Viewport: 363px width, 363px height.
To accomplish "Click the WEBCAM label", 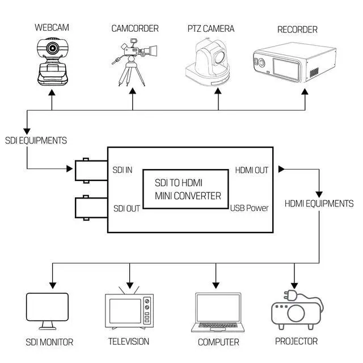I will click(51, 27).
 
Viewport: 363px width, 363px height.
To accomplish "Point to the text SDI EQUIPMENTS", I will click(36, 140).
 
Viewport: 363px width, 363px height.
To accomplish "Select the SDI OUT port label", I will click(126, 208).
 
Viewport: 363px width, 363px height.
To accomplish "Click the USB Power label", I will click(249, 208).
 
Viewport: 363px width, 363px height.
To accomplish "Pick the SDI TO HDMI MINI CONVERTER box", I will click(187, 189).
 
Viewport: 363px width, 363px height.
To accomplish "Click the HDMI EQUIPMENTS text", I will click(319, 203).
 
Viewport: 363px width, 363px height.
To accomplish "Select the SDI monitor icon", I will click(48, 311).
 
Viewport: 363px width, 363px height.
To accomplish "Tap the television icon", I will click(130, 311).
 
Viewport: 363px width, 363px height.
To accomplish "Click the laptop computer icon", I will click(217, 313).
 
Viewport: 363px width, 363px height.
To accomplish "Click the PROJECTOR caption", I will click(296, 341).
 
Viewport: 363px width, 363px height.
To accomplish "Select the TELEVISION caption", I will click(129, 341).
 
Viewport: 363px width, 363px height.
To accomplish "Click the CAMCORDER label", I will click(134, 28).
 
